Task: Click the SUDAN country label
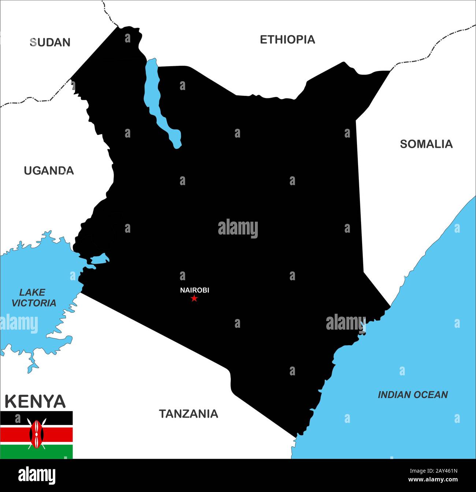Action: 50,42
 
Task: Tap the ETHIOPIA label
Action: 287,40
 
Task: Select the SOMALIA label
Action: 426,144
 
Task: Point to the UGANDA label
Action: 49,170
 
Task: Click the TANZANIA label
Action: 188,414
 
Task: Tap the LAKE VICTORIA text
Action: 33,297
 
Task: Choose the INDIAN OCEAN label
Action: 413,395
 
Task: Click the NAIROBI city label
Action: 194,290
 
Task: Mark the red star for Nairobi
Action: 194,298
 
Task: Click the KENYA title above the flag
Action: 35,401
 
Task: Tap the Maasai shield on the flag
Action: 36,434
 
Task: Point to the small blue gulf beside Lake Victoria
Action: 100,259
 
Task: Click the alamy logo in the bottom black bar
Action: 37,476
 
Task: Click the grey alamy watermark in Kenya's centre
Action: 238,229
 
